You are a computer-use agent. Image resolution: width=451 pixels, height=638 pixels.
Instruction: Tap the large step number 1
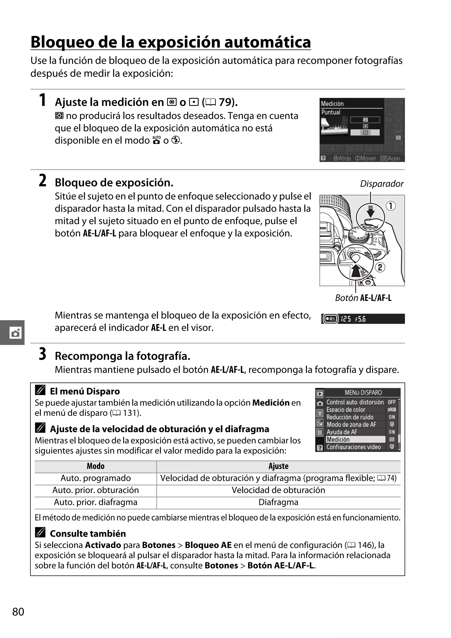(x=42, y=100)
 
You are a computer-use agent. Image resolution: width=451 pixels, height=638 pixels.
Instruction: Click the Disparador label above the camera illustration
(x=381, y=184)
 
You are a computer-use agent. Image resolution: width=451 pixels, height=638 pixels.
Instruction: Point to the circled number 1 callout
(x=391, y=206)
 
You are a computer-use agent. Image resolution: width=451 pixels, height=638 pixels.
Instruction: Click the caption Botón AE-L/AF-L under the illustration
(x=363, y=298)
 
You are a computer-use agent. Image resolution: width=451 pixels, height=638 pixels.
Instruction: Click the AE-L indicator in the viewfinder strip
(x=331, y=319)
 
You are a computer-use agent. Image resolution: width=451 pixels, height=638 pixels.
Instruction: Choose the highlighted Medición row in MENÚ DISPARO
(x=355, y=439)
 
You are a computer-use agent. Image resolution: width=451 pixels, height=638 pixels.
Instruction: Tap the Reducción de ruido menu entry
(x=350, y=417)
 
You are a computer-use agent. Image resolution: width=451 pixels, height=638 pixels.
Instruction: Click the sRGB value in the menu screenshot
(x=392, y=409)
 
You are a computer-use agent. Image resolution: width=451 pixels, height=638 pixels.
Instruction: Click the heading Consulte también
(x=88, y=534)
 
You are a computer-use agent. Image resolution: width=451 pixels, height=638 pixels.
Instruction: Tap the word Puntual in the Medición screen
(x=331, y=112)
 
